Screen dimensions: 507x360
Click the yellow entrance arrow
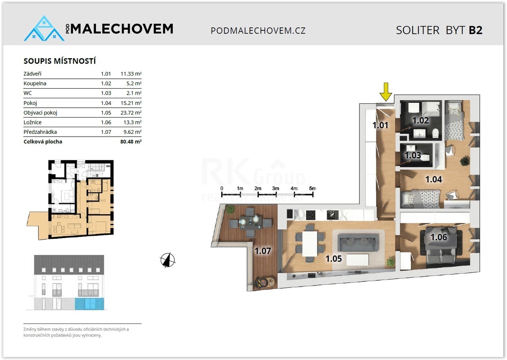[386, 91]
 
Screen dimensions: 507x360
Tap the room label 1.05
[334, 259]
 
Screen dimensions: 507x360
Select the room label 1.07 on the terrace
[263, 251]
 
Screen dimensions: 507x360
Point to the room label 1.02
[421, 120]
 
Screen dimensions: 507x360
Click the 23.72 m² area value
[131, 113]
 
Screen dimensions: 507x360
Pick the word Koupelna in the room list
[35, 84]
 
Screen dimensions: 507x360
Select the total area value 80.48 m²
[131, 142]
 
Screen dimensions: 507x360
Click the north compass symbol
[168, 260]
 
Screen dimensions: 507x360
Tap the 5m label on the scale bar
[313, 188]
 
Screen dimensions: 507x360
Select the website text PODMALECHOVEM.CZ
[258, 30]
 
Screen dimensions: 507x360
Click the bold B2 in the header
[476, 30]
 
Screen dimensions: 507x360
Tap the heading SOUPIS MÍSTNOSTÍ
[60, 61]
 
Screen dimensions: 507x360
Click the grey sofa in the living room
[358, 242]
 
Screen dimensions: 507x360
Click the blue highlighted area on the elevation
[90, 304]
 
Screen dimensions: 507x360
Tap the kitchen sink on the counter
[332, 215]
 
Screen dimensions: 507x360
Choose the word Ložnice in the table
[32, 122]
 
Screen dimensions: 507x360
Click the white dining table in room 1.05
[310, 244]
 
